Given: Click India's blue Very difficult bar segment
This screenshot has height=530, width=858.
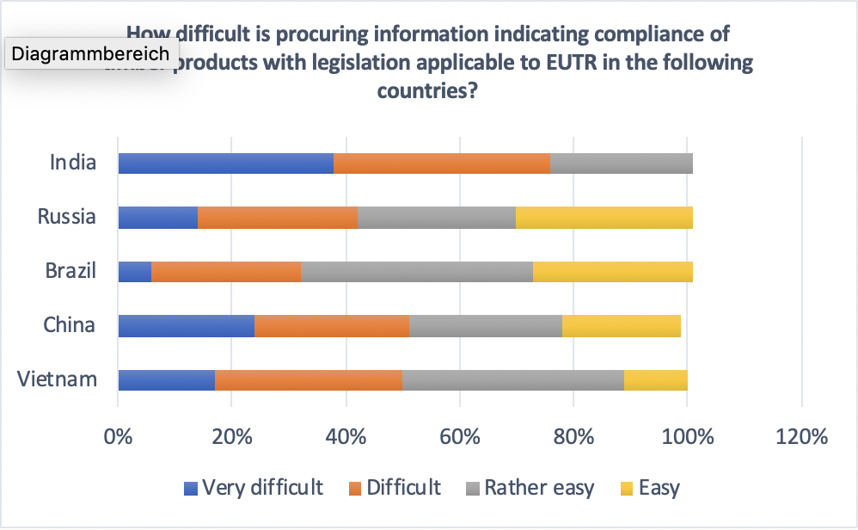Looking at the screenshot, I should point(225,163).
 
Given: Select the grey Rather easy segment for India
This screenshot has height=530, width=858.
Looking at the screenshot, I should point(621,163).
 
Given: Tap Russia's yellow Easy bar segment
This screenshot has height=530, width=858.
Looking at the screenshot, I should point(604,218).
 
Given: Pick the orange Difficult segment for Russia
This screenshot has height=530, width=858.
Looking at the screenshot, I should point(277,218).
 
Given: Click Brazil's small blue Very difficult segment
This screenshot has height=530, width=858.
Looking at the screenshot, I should point(134,271).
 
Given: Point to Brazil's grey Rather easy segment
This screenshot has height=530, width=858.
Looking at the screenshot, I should point(416,271).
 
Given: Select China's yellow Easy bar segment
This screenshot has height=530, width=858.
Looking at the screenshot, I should point(621,325).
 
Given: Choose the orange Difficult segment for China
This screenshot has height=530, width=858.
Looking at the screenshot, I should point(331,325).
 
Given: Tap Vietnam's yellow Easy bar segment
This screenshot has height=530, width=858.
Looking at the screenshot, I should point(655,379).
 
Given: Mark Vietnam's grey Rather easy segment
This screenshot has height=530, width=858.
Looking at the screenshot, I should point(512,379).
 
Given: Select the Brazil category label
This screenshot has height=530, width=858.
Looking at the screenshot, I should point(70,271).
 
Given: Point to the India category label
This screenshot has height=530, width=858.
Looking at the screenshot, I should point(72,163).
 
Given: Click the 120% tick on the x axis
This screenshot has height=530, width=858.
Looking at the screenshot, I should point(800,436).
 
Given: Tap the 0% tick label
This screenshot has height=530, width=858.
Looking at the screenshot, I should point(118,436).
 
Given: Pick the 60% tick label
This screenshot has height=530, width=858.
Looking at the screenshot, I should point(459,436).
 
